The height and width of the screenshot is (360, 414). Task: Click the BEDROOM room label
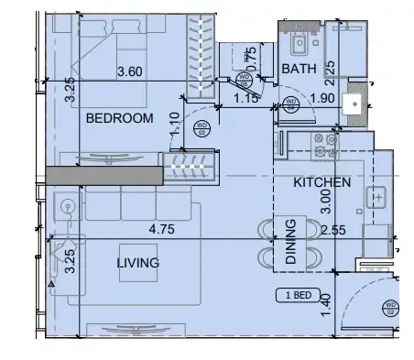tap(118, 118)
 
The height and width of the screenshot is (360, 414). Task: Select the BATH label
tap(299, 69)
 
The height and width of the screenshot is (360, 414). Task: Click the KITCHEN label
tap(321, 182)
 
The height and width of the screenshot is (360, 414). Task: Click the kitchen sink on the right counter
tap(377, 196)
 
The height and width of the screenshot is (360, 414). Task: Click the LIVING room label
tap(137, 263)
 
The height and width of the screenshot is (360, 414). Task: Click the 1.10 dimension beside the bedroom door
tap(174, 123)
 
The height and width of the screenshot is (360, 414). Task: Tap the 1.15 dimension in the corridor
tap(245, 97)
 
